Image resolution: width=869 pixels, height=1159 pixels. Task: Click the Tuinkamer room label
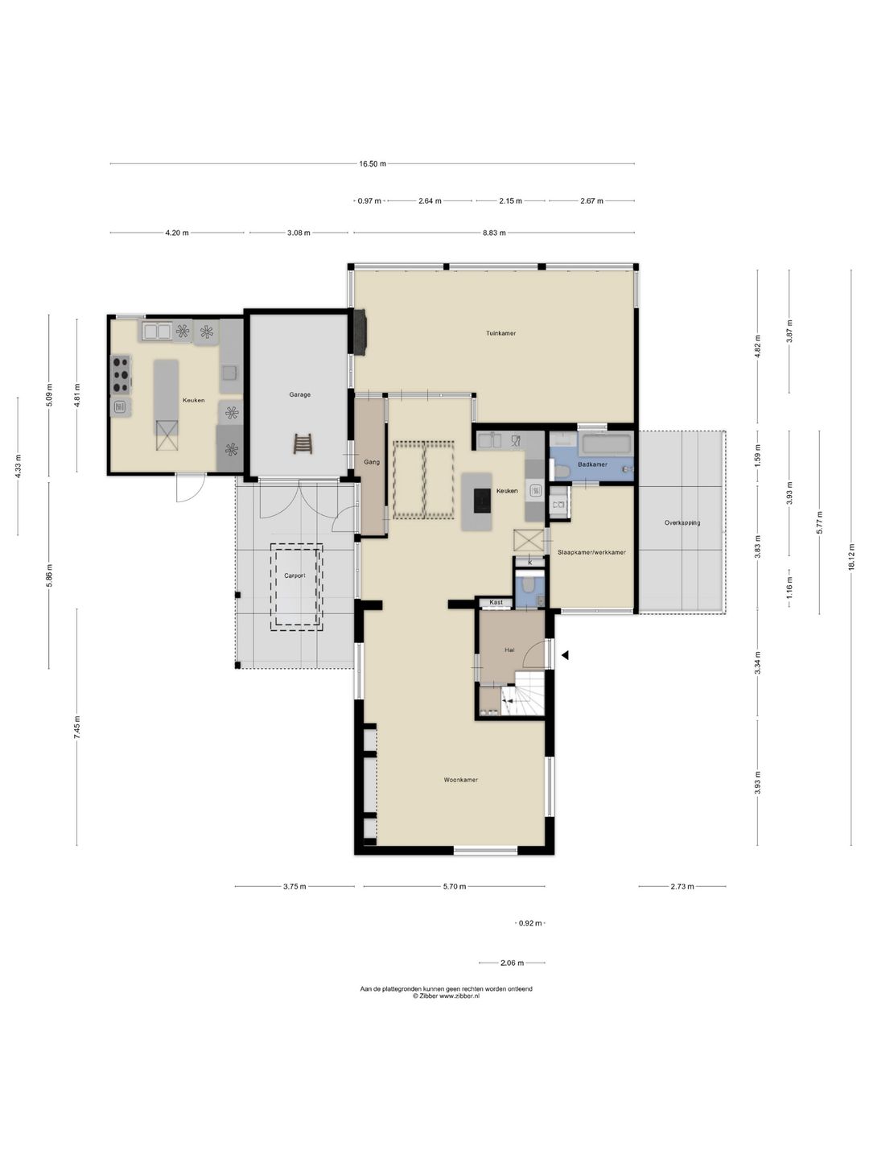point(500,333)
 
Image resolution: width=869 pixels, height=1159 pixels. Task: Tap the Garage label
point(299,394)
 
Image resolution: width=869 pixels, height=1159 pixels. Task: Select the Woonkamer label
point(460,779)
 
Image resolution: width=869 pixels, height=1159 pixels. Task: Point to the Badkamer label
point(592,464)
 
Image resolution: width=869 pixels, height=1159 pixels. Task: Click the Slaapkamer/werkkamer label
point(591,552)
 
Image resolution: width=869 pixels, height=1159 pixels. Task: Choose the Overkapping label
point(682,522)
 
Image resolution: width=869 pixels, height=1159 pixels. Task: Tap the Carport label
point(294,575)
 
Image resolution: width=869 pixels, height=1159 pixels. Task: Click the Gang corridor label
point(372,462)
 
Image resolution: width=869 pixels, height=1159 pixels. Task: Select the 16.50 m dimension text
point(373,163)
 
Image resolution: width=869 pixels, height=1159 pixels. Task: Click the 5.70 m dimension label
point(455,886)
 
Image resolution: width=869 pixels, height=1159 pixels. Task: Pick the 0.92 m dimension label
point(530,923)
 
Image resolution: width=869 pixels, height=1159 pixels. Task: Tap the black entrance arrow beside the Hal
point(565,655)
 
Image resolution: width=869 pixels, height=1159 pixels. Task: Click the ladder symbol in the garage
point(303,443)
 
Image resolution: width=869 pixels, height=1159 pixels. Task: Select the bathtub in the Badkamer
point(606,444)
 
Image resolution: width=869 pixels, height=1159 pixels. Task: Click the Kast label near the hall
point(496,603)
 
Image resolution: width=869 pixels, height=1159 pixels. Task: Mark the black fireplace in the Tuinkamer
point(361,332)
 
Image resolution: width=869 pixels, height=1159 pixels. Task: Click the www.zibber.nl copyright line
point(446,996)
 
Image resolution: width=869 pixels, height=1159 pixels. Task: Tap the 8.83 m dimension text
point(495,233)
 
